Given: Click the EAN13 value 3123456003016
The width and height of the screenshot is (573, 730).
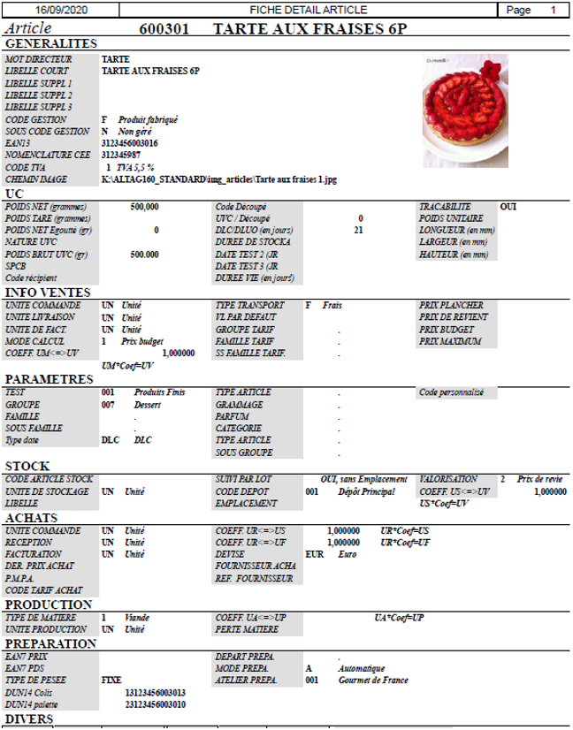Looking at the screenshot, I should (130, 142).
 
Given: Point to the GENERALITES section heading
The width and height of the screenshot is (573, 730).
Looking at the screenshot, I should (51, 43).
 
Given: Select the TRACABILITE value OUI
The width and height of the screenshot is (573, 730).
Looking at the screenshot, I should (508, 206).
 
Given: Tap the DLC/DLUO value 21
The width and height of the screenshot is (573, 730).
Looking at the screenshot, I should (358, 230).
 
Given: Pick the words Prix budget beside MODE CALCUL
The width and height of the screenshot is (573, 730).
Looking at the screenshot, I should (141, 340).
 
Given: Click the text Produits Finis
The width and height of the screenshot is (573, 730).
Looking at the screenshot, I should (159, 392).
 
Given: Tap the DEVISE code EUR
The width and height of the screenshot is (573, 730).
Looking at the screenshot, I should (314, 554).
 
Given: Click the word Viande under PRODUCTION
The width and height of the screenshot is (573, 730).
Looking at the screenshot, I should (137, 617).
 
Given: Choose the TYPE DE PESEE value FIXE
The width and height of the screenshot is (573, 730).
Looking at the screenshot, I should (111, 681).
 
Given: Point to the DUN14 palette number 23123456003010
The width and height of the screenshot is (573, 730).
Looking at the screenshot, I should (156, 704).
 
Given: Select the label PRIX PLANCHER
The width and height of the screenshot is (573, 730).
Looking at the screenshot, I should (451, 305).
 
